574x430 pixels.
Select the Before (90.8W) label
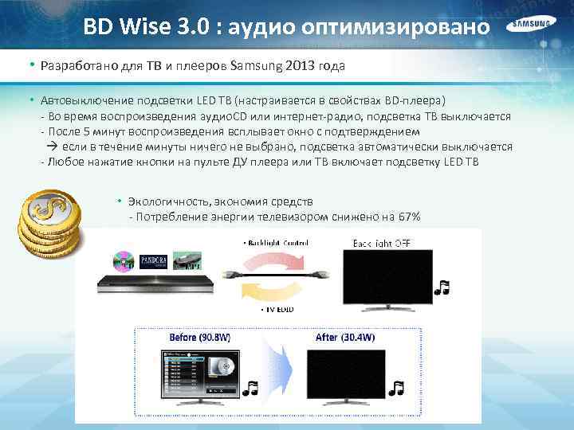(199, 338)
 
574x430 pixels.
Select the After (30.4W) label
(345, 338)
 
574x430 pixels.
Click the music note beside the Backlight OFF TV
(443, 287)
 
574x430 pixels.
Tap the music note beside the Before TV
(251, 388)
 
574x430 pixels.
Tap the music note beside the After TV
(396, 388)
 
